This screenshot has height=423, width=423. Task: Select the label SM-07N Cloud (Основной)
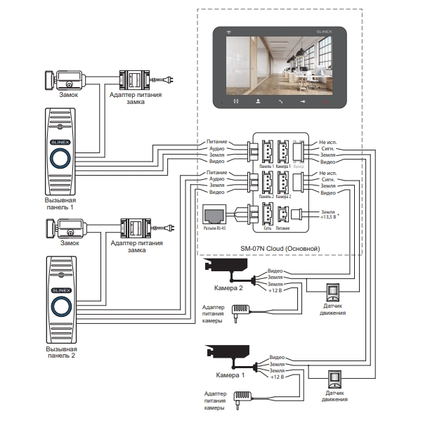(280, 248)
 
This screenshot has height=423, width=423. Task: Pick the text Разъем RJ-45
(214, 228)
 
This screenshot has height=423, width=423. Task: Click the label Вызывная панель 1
(58, 204)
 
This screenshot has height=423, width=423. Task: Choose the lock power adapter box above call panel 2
(132, 226)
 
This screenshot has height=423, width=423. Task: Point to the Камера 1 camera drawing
(228, 355)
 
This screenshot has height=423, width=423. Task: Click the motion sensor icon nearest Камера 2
(334, 292)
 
